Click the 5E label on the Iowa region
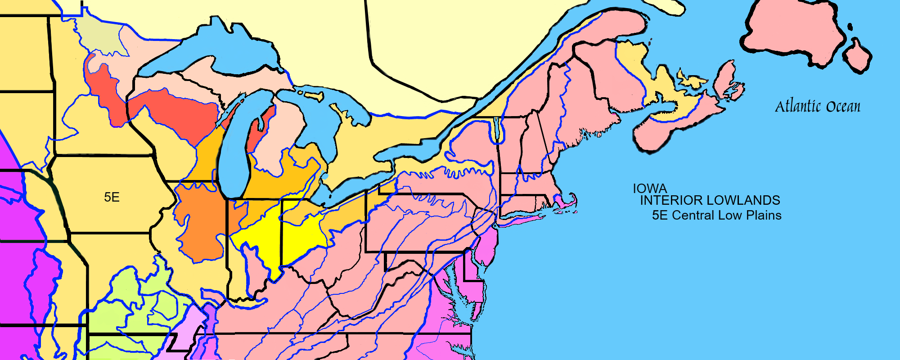[112, 197]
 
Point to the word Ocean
[843, 107]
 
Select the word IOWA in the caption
[650, 189]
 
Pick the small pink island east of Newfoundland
[857, 56]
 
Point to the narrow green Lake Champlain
[496, 128]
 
